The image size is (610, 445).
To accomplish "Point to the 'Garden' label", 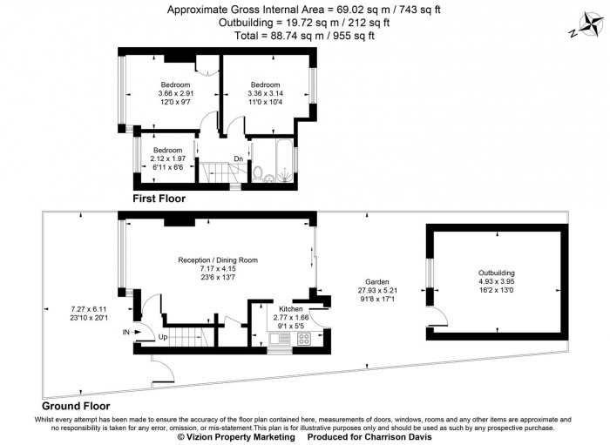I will pos(376,281).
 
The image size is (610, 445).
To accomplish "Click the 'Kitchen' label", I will pos(291,309).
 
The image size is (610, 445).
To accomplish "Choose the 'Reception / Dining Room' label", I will pos(218,260).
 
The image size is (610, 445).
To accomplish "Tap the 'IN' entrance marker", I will pos(126,333).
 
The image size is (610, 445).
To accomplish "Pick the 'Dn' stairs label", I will pos(238,158).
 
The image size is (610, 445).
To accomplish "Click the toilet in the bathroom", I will pos(259,172).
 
